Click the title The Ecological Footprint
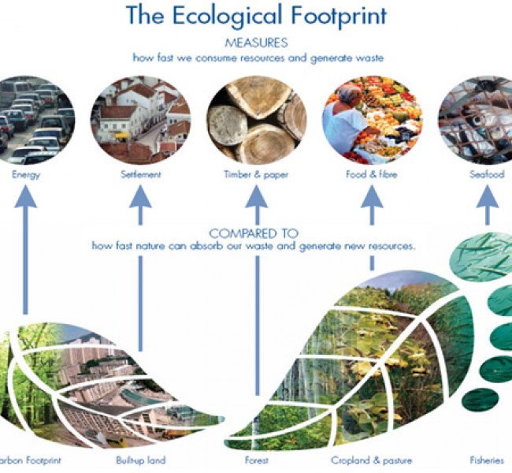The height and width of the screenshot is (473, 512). (x=256, y=15)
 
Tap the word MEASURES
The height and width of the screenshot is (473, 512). (x=256, y=43)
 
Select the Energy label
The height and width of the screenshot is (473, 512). (x=26, y=174)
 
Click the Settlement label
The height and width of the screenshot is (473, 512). (x=141, y=174)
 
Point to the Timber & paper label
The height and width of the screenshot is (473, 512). (x=256, y=174)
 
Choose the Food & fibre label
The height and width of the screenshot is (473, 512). (x=372, y=174)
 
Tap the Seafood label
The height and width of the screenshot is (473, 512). (x=487, y=174)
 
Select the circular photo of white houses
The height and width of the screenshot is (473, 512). (x=141, y=120)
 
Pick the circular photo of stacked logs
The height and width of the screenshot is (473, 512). (x=256, y=120)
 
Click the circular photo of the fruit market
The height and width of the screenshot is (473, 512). (x=373, y=120)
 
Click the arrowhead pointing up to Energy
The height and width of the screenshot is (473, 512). (x=26, y=196)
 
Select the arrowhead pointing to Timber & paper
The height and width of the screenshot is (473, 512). (x=257, y=196)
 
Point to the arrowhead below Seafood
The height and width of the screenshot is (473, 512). (x=488, y=196)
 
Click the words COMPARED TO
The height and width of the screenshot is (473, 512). (x=254, y=233)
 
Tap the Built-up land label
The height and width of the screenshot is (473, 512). (x=141, y=460)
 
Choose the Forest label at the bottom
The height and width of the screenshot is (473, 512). (x=257, y=460)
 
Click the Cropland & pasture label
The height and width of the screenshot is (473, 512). (x=372, y=460)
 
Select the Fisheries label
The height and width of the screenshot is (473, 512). (x=487, y=460)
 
